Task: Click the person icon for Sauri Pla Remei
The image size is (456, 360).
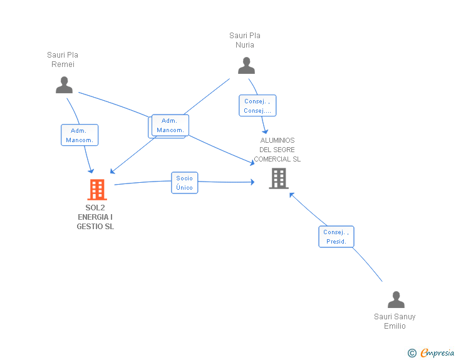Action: [x=64, y=85]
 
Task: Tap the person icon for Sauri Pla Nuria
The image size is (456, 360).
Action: [x=246, y=66]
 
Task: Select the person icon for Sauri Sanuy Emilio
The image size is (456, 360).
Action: [x=396, y=299]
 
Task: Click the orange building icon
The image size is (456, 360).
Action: [x=97, y=190]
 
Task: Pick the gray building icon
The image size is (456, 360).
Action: [x=279, y=178]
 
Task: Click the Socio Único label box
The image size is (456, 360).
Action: [x=185, y=183]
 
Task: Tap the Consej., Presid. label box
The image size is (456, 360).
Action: [x=336, y=237]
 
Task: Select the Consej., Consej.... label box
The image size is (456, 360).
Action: [x=257, y=106]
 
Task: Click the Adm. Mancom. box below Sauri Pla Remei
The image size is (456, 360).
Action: [x=80, y=135]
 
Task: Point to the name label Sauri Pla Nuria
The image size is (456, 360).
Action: [x=245, y=40]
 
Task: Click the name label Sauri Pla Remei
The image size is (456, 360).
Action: [x=63, y=59]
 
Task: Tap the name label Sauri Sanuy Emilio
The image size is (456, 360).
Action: [x=395, y=321]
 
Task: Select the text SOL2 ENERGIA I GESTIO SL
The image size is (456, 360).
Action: [x=95, y=217]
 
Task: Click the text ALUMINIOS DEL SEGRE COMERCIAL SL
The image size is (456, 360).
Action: [x=277, y=150]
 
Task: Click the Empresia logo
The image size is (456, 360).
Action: [x=437, y=353]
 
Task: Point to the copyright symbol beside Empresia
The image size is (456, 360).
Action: [x=412, y=353]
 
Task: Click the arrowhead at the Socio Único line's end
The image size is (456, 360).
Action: [x=252, y=182]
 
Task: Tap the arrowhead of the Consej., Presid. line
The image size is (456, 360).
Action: [x=292, y=195]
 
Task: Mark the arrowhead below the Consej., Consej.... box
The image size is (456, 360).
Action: [x=265, y=131]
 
